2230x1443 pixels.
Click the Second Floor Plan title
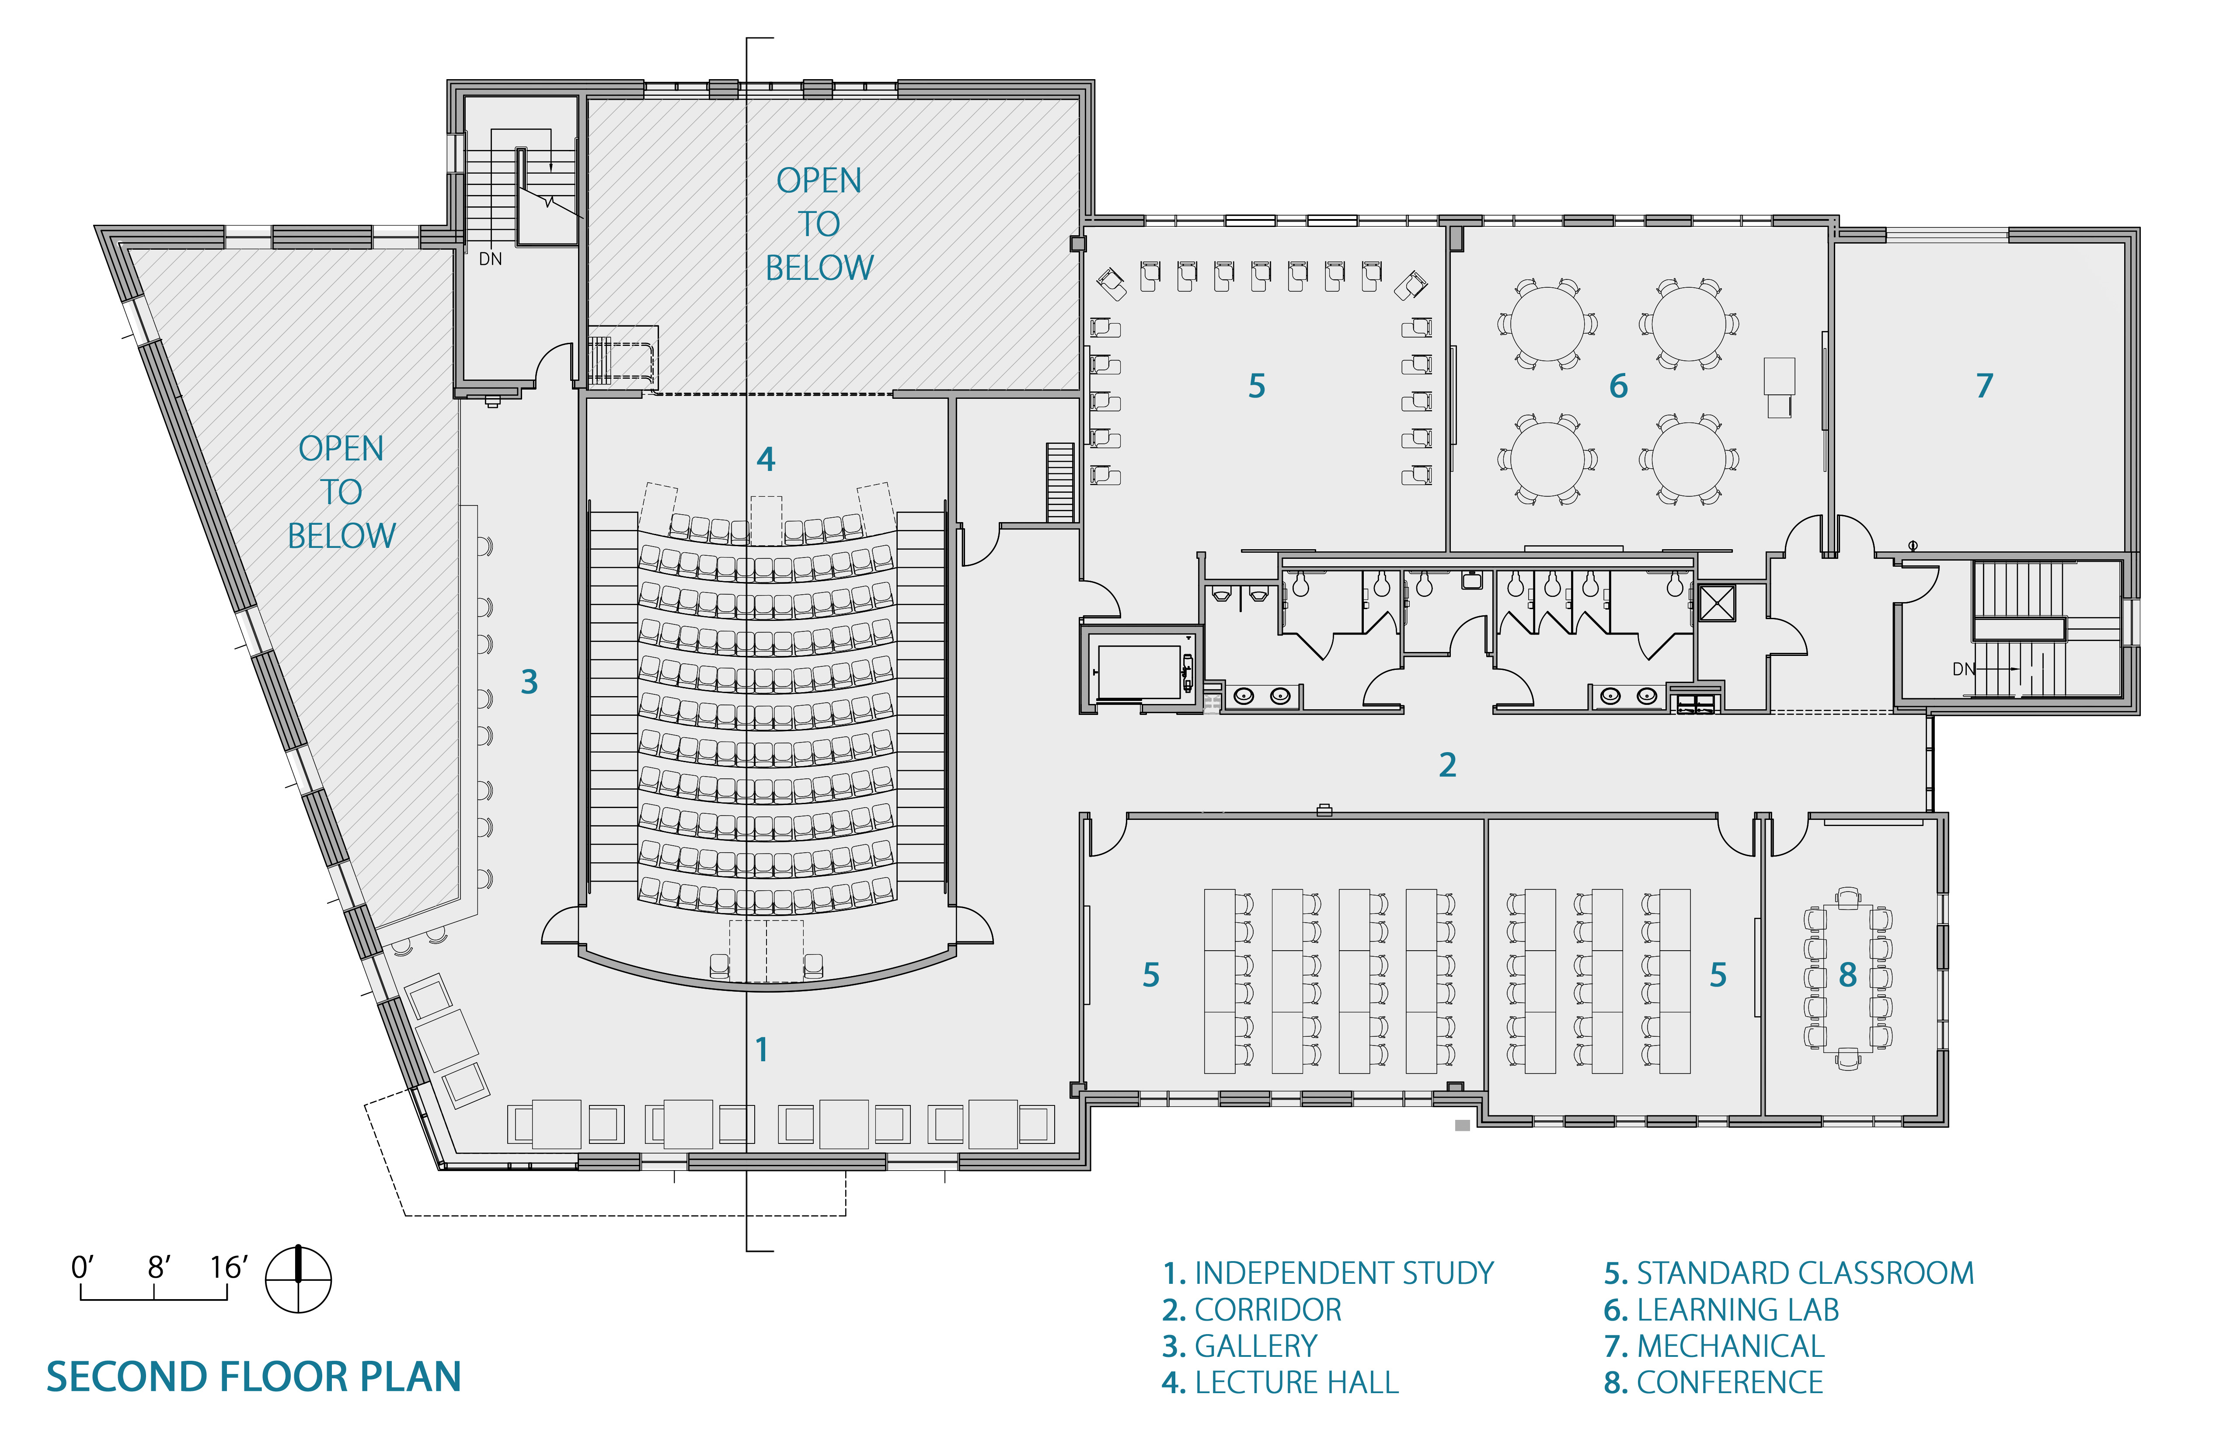click(x=254, y=1377)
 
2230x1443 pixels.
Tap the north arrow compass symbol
click(x=298, y=1279)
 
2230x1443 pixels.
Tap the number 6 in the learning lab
click(x=1618, y=386)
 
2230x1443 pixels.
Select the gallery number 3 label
click(x=530, y=682)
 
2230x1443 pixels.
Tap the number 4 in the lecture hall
click(x=766, y=459)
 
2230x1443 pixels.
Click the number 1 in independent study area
click(x=762, y=1049)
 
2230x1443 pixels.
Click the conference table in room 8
click(x=1848, y=978)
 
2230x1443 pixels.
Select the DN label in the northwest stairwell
click(x=490, y=258)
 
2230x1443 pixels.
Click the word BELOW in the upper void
click(x=819, y=268)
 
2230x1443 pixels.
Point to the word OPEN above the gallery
click(x=341, y=449)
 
